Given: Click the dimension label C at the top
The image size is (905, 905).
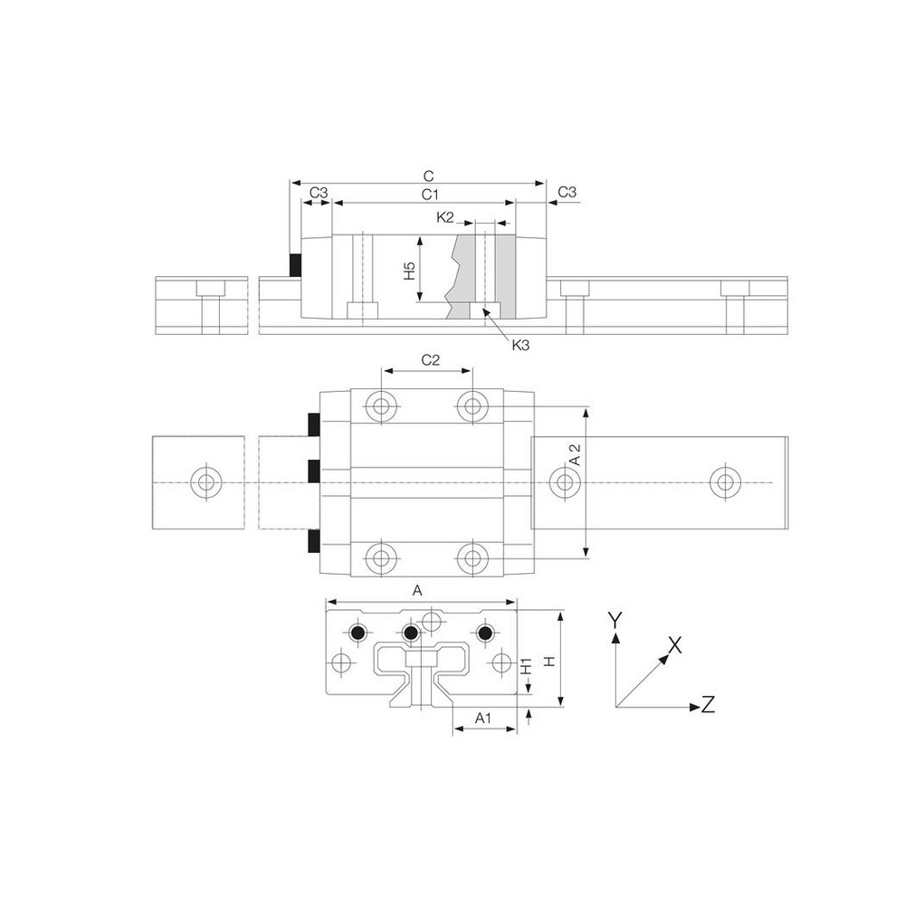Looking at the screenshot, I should (x=430, y=174).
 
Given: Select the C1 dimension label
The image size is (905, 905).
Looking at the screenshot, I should (x=430, y=195).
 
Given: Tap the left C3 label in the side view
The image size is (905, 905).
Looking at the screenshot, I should (x=319, y=193).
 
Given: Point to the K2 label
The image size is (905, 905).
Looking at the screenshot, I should (x=445, y=217).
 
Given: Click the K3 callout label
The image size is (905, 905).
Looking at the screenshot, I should (x=521, y=345).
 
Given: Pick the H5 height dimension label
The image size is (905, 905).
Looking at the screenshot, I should (x=409, y=270).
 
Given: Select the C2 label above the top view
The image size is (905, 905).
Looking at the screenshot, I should (x=431, y=360).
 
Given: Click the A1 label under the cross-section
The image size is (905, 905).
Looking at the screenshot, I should (x=483, y=719).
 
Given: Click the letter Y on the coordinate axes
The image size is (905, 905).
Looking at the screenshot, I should (x=614, y=619).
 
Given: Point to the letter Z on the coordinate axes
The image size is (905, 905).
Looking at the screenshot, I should (x=708, y=703).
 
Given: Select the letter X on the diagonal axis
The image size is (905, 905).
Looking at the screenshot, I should (x=674, y=644).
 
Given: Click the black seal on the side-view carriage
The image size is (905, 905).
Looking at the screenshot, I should (x=294, y=264).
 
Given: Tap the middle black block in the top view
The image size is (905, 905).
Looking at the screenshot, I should (x=313, y=472).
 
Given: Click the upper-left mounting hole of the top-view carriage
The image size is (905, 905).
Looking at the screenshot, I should (x=382, y=406).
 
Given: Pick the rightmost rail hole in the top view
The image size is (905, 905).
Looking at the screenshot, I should (x=723, y=481).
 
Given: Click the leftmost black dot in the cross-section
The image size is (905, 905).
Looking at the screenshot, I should (x=359, y=633).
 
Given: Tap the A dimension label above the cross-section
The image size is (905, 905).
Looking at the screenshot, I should (x=417, y=591).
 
